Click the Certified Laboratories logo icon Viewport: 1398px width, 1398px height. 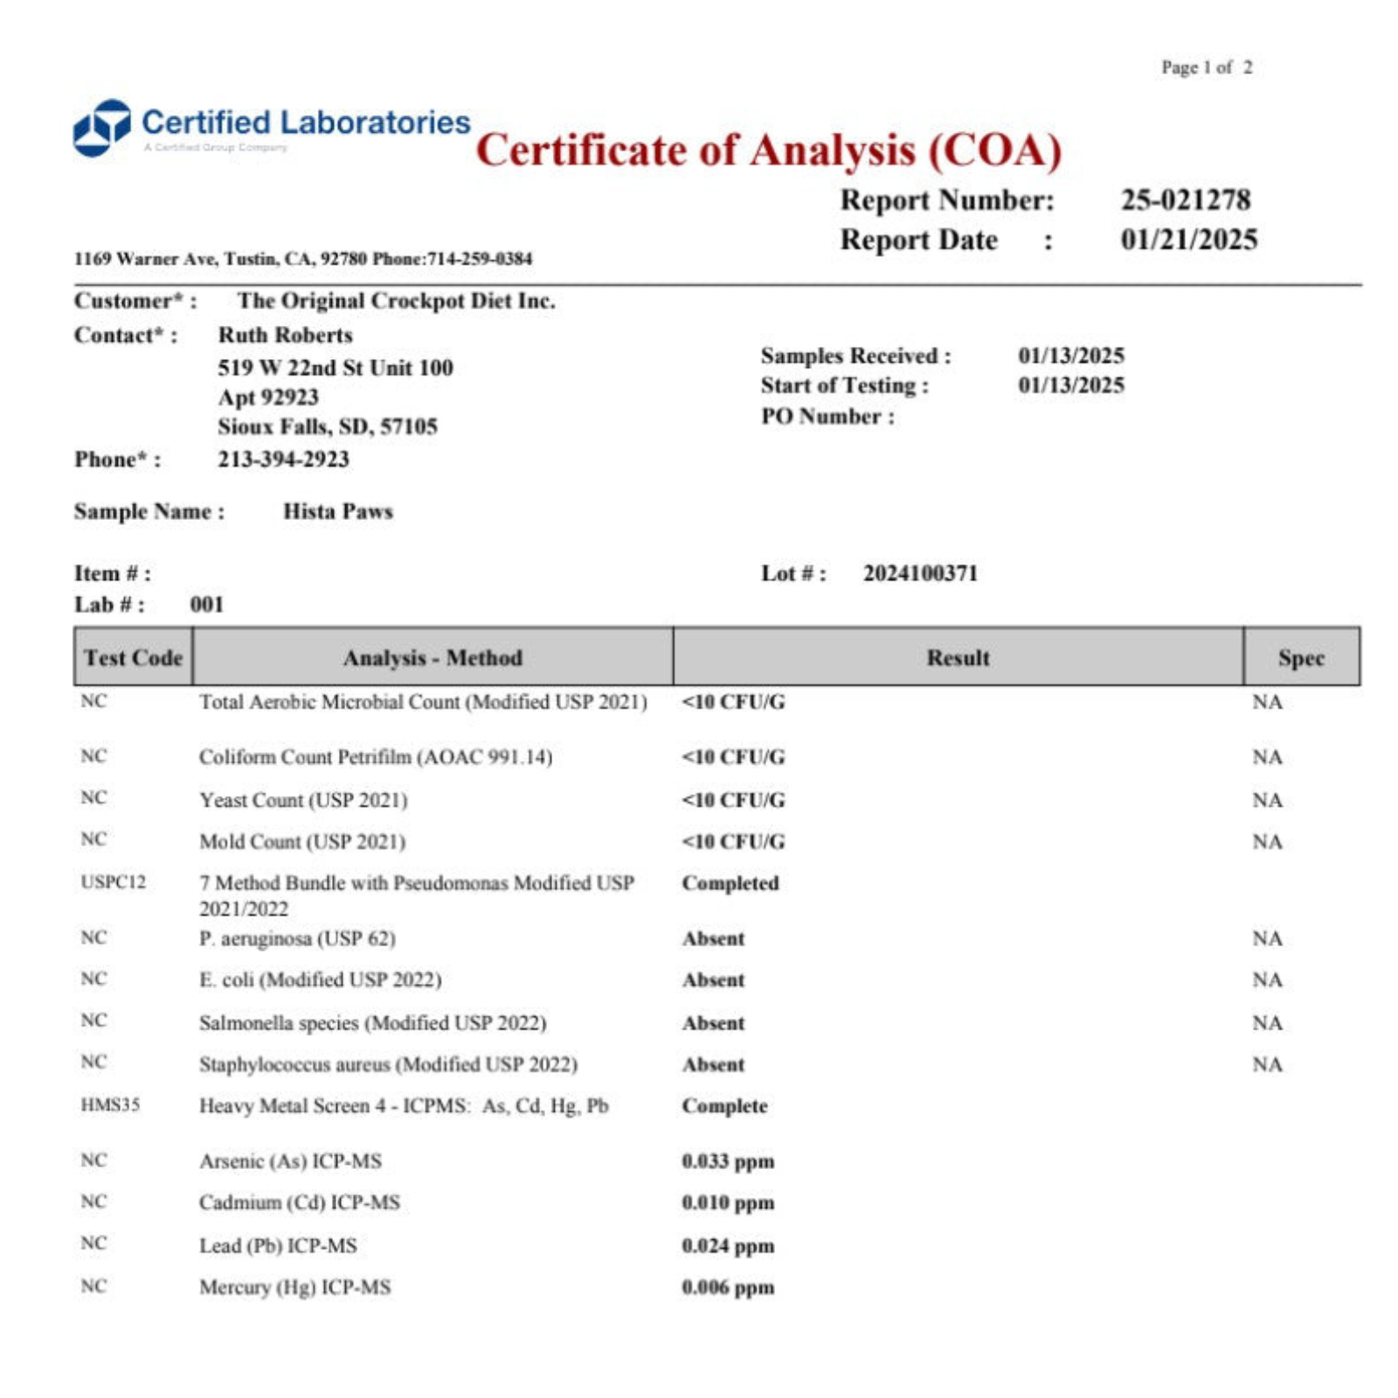click(x=101, y=128)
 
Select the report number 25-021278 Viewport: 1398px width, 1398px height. click(x=1186, y=200)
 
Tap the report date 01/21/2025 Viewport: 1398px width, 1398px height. click(x=1189, y=239)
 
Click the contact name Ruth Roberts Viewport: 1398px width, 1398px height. click(x=285, y=336)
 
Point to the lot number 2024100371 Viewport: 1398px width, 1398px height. click(x=920, y=573)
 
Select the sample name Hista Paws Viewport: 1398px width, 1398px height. click(x=337, y=511)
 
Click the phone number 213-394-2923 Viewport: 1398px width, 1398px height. click(x=283, y=460)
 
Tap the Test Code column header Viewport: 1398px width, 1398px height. click(x=133, y=657)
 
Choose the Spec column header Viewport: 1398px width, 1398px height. click(x=1301, y=658)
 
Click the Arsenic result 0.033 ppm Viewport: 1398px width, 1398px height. click(x=728, y=1161)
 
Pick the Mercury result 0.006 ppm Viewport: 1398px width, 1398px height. click(x=728, y=1287)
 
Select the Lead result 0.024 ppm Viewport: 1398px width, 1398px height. click(x=728, y=1246)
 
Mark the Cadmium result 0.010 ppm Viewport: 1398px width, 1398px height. click(x=728, y=1203)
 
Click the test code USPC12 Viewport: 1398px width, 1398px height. click(x=113, y=882)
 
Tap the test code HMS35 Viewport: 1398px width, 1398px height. click(x=110, y=1105)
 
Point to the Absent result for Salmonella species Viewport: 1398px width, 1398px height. click(x=713, y=1023)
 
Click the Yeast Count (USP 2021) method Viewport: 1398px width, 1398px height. click(x=303, y=800)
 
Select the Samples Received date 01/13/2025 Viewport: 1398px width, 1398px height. click(x=1070, y=356)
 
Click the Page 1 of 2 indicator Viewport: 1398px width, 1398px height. click(x=1206, y=67)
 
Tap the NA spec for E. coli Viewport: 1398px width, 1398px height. click(x=1267, y=980)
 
